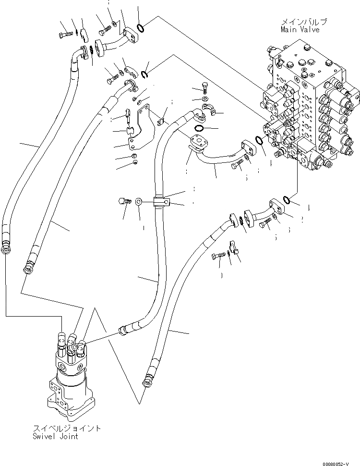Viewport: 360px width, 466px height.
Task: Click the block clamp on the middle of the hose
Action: tap(161, 202)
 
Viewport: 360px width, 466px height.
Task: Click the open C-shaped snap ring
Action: tap(145, 73)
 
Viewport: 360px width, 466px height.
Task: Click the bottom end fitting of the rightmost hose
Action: tap(145, 382)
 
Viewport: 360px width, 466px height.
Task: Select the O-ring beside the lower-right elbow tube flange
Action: tap(286, 199)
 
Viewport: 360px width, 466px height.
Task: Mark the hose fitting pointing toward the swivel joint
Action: tap(123, 331)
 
